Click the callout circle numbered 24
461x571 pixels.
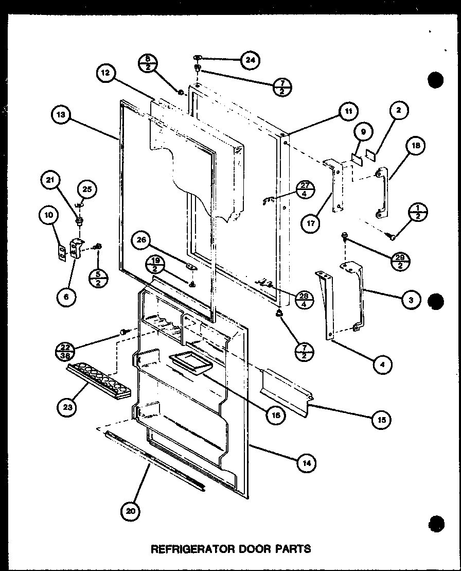pyautogui.click(x=250, y=60)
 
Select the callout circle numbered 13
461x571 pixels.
pyautogui.click(x=61, y=115)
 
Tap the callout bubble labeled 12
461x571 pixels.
pyautogui.click(x=104, y=74)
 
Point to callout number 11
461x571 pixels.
pyautogui.click(x=348, y=111)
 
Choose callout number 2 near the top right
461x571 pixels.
pyautogui.click(x=399, y=110)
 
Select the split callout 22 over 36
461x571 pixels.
pyautogui.click(x=63, y=350)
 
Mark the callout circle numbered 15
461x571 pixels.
pyautogui.click(x=381, y=419)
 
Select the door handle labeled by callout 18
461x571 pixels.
pyautogui.click(x=382, y=193)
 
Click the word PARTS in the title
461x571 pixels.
pyautogui.click(x=292, y=549)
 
